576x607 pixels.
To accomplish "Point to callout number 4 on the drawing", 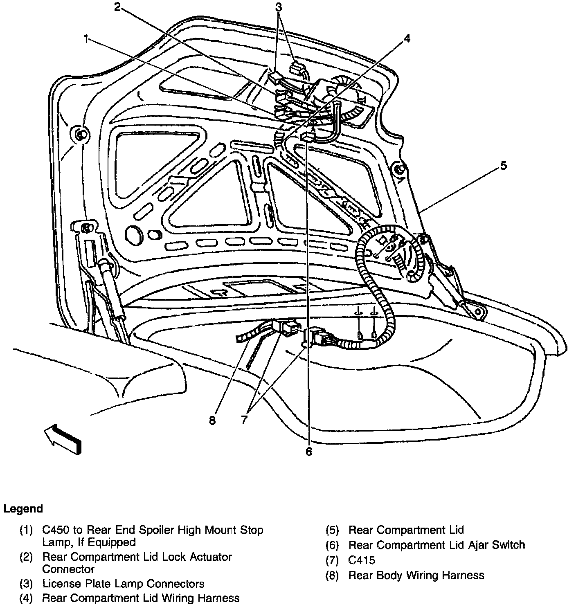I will click(x=406, y=38).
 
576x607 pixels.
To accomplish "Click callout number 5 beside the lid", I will click(x=503, y=166).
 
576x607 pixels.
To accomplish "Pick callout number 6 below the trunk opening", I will click(x=308, y=452).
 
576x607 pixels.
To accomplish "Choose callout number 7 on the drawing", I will click(x=244, y=420).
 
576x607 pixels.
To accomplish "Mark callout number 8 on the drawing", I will click(x=212, y=420).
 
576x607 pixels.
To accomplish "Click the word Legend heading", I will click(x=23, y=509).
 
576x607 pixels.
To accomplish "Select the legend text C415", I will click(x=362, y=560).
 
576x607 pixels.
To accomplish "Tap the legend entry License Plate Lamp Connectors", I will click(x=123, y=584).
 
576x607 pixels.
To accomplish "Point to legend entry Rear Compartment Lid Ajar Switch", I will click(x=436, y=545).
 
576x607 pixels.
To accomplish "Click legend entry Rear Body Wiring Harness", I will click(x=416, y=575).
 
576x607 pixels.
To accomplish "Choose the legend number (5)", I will click(x=333, y=530).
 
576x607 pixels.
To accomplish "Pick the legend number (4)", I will click(x=26, y=598).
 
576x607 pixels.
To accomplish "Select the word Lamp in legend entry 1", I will click(x=56, y=542).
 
